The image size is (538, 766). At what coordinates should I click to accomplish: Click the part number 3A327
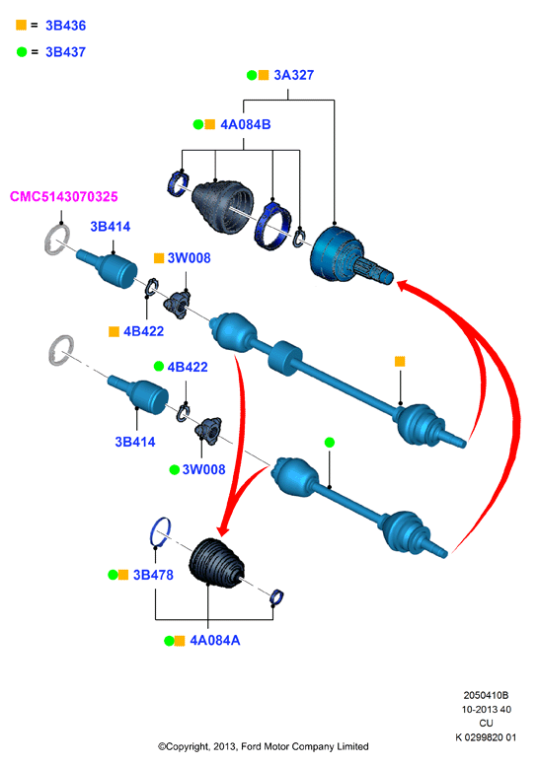(x=293, y=75)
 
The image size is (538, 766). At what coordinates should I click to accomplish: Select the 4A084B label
(x=246, y=124)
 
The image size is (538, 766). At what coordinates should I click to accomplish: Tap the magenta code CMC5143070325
(x=63, y=197)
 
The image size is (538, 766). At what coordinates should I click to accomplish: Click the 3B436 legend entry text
(x=65, y=26)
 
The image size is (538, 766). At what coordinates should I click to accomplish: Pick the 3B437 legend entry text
(x=65, y=52)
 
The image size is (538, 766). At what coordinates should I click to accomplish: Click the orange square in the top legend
(x=21, y=25)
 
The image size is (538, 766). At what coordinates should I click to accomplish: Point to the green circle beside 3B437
(x=22, y=51)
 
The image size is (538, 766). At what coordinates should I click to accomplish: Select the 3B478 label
(x=153, y=575)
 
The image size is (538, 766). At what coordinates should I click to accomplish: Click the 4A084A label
(x=215, y=641)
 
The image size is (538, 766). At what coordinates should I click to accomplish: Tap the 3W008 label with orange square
(x=189, y=258)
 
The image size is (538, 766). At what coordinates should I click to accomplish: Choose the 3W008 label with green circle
(x=203, y=469)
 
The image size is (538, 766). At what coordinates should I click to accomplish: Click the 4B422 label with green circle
(x=188, y=367)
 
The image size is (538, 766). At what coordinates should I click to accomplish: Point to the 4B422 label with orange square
(x=143, y=331)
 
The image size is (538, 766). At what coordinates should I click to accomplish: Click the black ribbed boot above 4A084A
(x=215, y=563)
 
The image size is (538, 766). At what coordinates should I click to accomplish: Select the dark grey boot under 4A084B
(x=222, y=206)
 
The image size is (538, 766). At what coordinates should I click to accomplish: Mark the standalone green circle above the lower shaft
(x=330, y=443)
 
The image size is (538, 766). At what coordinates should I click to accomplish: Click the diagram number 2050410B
(x=486, y=695)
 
